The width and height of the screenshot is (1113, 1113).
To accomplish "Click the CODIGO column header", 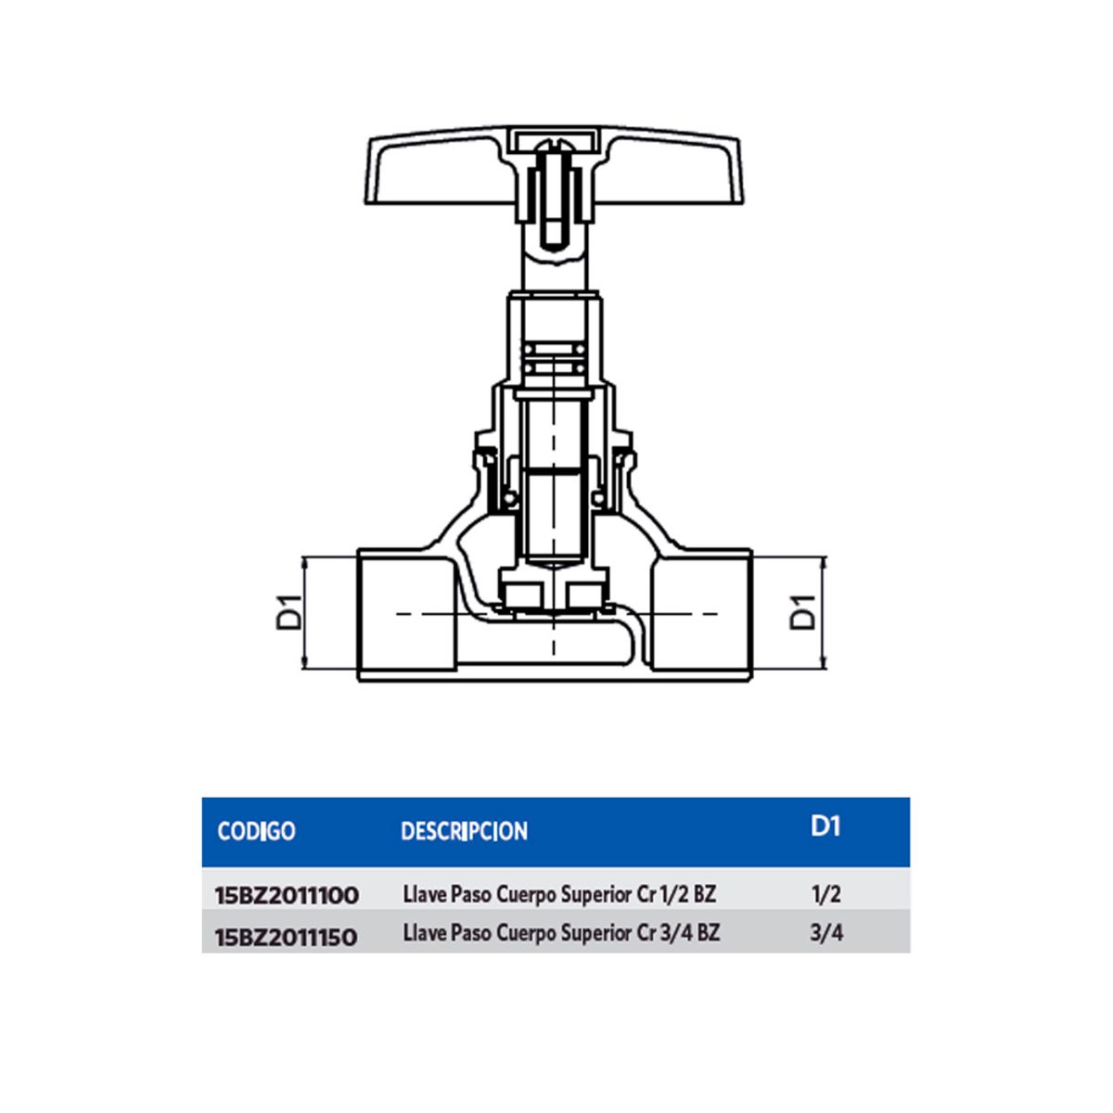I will tap(256, 830).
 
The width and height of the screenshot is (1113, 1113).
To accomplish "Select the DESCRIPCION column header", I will tap(464, 831).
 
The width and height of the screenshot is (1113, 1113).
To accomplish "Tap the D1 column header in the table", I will tap(825, 825).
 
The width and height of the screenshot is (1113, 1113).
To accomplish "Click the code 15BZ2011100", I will tap(287, 896).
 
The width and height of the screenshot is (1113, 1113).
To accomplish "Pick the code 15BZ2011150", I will tap(286, 937).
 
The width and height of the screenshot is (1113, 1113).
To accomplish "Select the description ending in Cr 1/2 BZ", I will tap(559, 895).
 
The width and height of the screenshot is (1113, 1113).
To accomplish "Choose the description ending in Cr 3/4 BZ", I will tap(561, 933).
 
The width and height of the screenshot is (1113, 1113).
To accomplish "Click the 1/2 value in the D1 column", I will tap(825, 894).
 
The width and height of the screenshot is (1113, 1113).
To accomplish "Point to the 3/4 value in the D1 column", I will tap(825, 933).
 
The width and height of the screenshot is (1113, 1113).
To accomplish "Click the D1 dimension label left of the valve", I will tap(289, 612).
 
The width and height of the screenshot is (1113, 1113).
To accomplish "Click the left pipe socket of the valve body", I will tap(405, 612).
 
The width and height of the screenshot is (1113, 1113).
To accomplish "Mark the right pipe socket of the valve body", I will tap(700, 612).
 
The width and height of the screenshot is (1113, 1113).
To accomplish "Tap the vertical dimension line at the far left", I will tap(305, 612).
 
